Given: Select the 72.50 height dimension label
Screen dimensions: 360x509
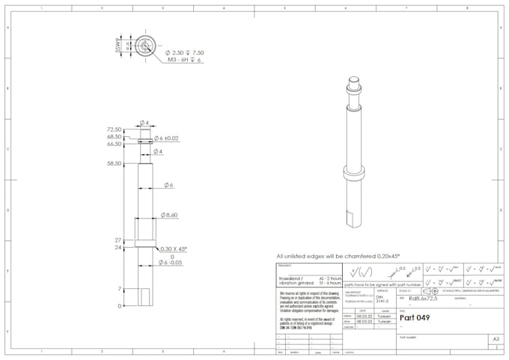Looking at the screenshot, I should [x=114, y=129].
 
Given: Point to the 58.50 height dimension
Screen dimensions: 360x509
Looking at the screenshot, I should [x=114, y=163].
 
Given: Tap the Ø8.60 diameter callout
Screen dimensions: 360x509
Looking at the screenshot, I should [x=167, y=215].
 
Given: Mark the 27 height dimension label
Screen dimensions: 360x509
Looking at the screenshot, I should [x=118, y=240].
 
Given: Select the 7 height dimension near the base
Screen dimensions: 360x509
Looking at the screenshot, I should [x=120, y=289].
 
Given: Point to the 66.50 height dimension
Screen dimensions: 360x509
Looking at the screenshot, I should [x=114, y=144].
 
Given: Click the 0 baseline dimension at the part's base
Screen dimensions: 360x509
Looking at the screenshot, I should [x=120, y=306].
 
